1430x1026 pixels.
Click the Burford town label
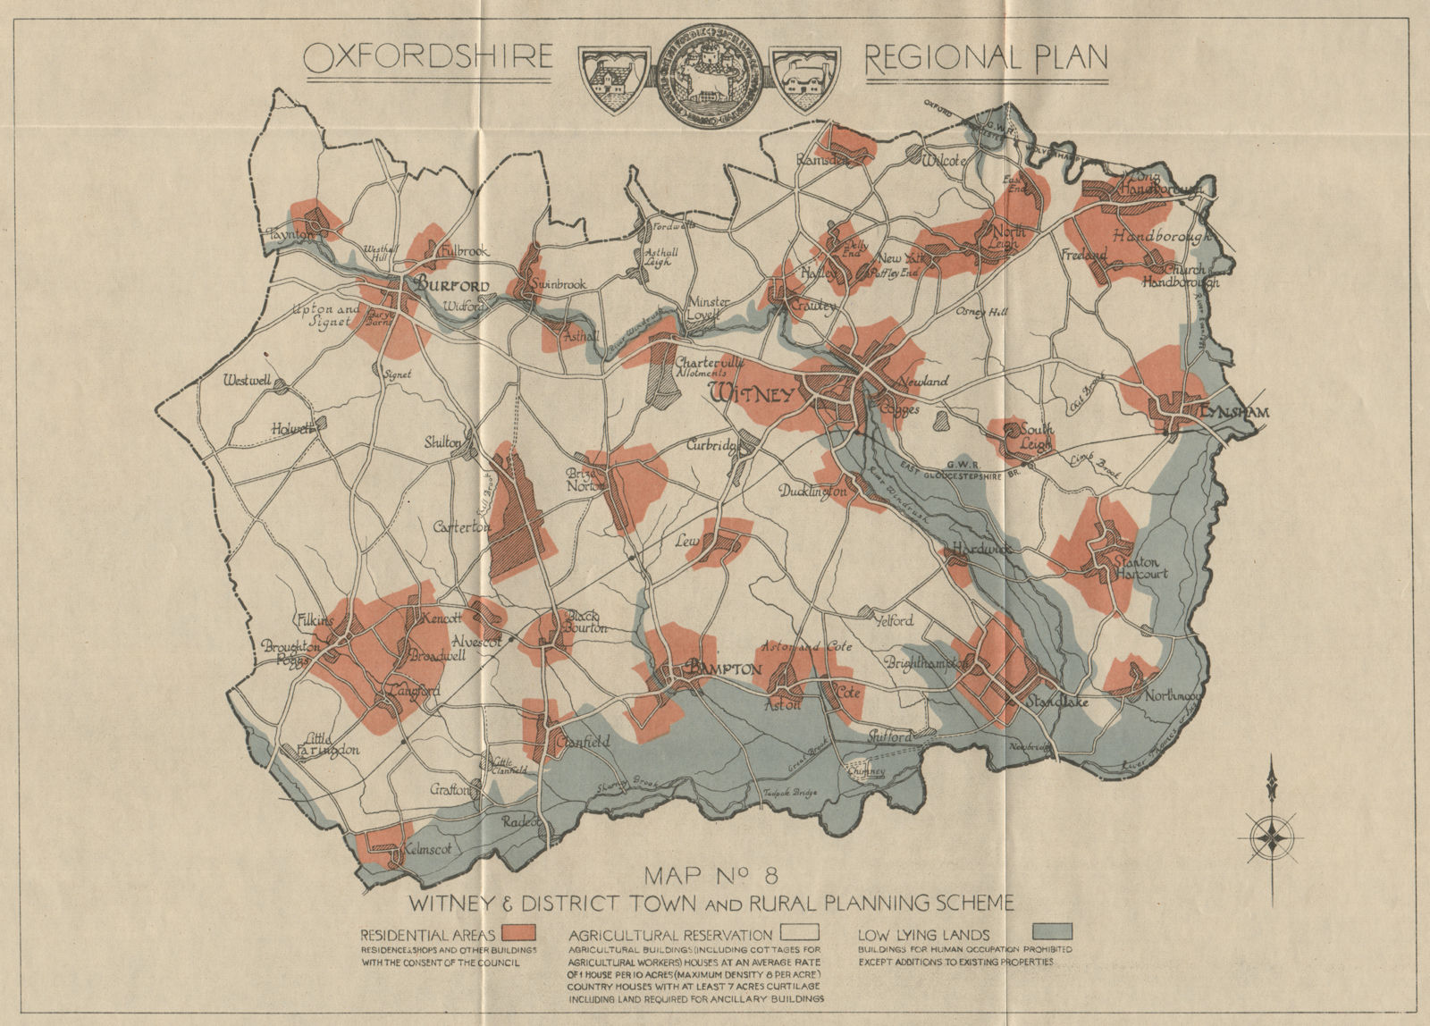pyautogui.click(x=450, y=286)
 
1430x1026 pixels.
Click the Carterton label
pyautogui.click(x=462, y=527)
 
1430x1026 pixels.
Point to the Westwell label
pyautogui.click(x=248, y=381)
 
